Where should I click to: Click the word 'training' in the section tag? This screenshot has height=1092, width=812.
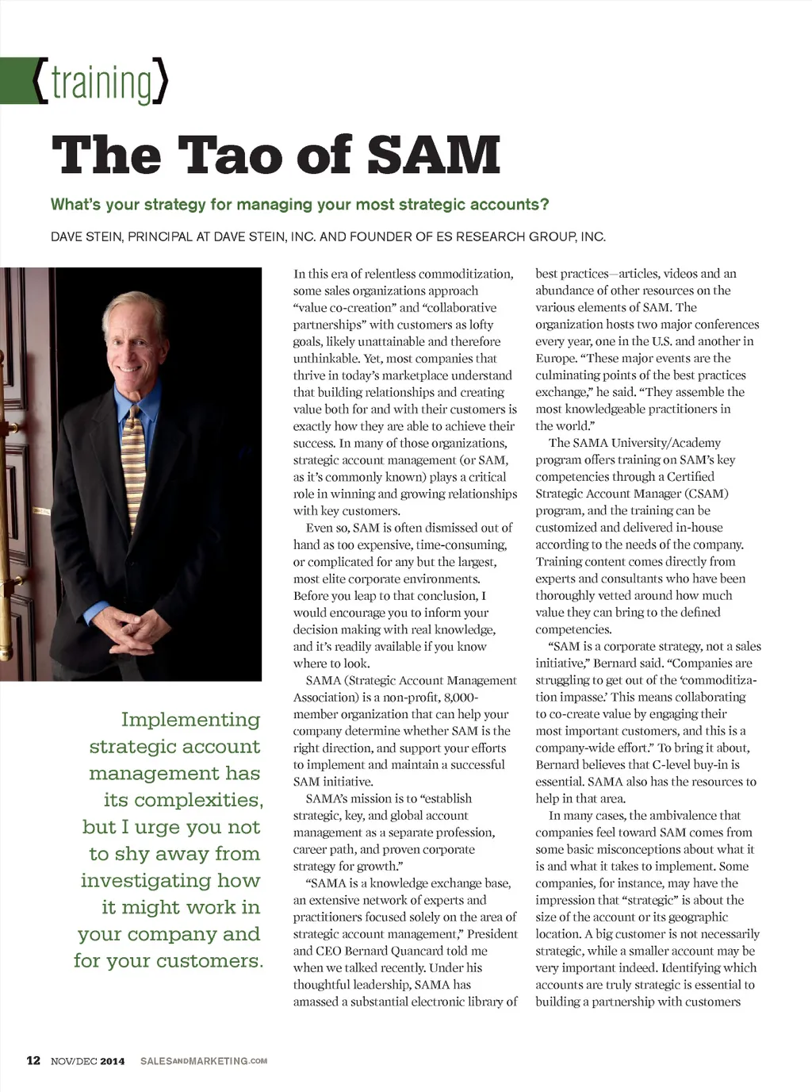tap(101, 83)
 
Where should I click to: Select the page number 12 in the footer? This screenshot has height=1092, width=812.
tap(33, 1060)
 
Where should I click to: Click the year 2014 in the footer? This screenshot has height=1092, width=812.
tap(112, 1061)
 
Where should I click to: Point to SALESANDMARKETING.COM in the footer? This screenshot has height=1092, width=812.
tap(204, 1061)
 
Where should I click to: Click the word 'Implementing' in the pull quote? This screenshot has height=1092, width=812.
tap(190, 720)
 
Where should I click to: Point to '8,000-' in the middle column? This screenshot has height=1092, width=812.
tap(461, 698)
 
